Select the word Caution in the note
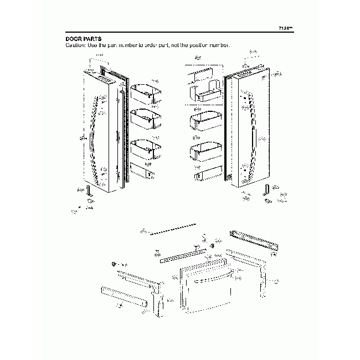[76, 44]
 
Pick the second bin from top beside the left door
[145, 117]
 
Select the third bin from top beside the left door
[145, 148]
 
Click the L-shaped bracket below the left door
[88, 191]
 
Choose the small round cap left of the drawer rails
[114, 265]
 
